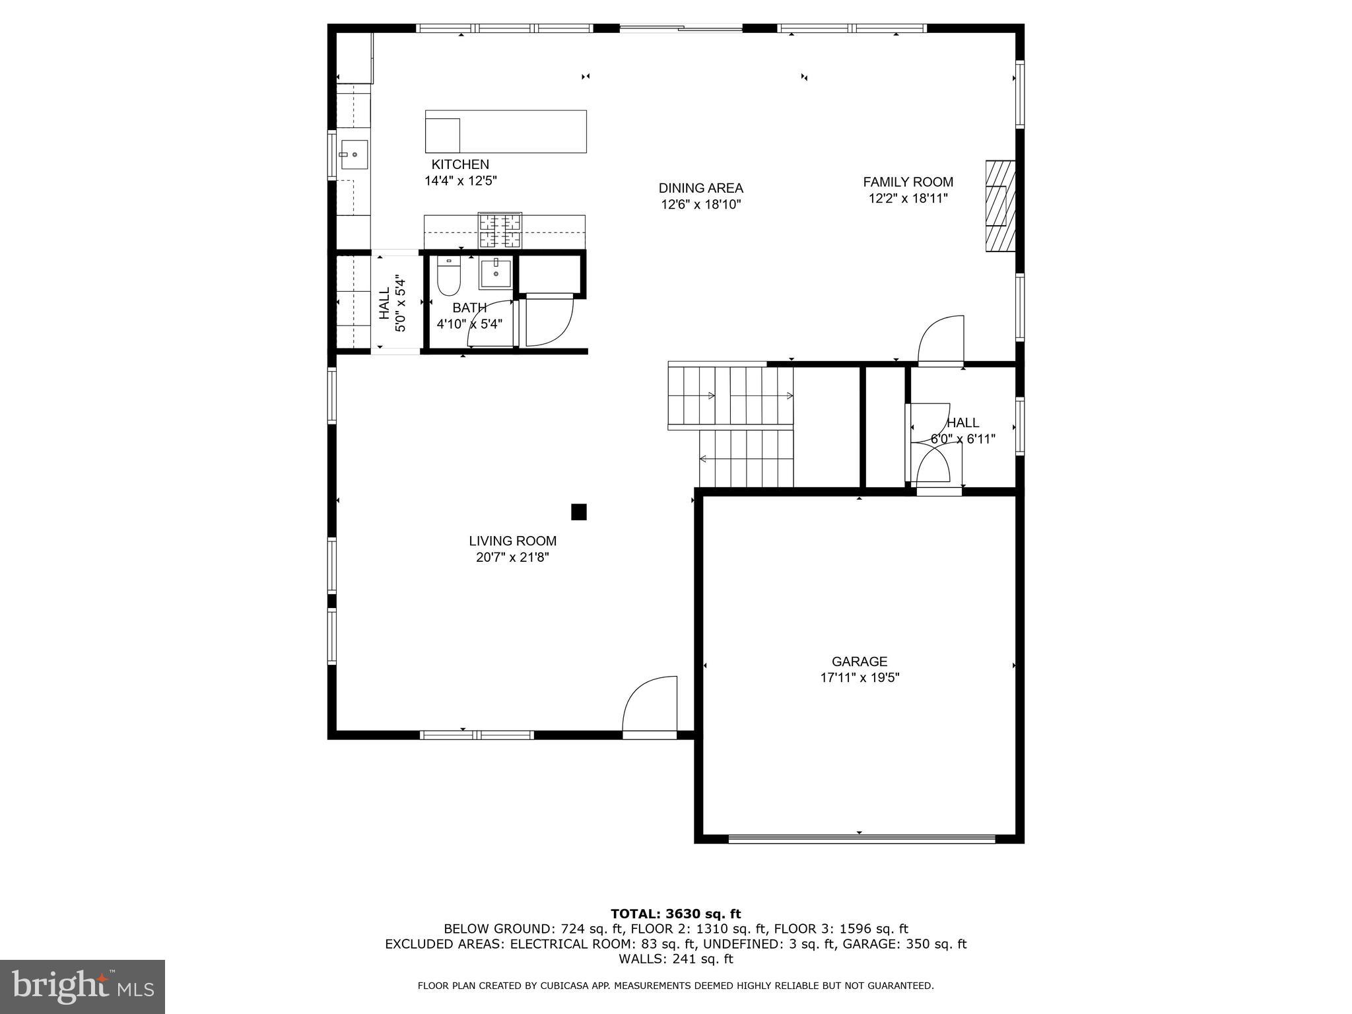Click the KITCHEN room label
[x=460, y=164]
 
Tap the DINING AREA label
[x=700, y=188]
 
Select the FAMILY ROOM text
[x=908, y=182]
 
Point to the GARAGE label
[x=859, y=661]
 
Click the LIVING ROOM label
[x=512, y=541]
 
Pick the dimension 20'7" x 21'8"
[x=512, y=558]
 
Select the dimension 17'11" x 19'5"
[x=860, y=678]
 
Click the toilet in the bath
[x=448, y=277]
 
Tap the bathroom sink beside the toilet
[x=495, y=273]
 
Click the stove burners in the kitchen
[x=500, y=230]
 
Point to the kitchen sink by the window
[x=354, y=155]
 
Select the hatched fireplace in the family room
[x=999, y=206]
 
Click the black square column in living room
[x=578, y=512]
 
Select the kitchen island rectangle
[x=506, y=131]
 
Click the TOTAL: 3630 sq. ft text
[x=675, y=914]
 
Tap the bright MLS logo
[x=83, y=986]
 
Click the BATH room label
[x=469, y=308]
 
